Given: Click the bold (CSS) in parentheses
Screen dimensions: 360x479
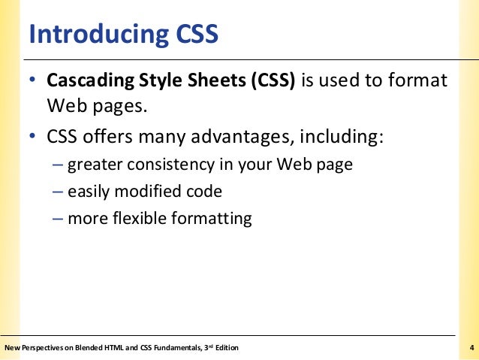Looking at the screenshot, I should coord(270,80).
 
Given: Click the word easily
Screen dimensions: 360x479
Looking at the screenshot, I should coord(89,192).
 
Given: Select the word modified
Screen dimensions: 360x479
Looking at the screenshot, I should coord(150,192).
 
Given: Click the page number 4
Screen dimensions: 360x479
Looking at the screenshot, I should coord(470,347).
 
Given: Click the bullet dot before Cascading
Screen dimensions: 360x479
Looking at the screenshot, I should coord(33,80).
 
